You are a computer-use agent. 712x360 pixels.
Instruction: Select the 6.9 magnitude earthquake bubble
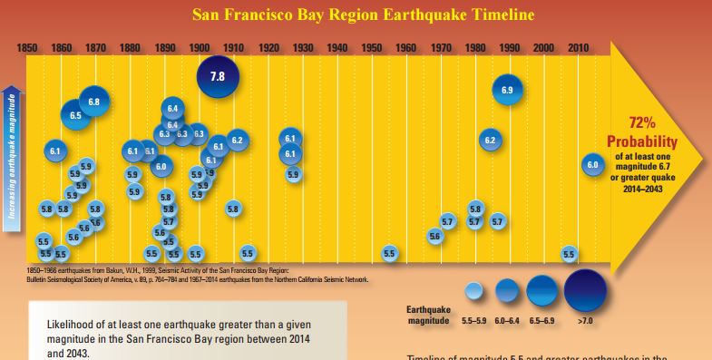click(508, 90)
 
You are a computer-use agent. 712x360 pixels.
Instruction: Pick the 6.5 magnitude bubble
click(76, 115)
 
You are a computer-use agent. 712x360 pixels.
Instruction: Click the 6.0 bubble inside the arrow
click(593, 164)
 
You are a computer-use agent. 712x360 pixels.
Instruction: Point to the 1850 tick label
click(29, 47)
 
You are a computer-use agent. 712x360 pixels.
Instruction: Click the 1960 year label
click(406, 47)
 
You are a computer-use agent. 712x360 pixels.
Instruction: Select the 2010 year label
click(578, 47)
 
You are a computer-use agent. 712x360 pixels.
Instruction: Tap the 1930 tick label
click(303, 47)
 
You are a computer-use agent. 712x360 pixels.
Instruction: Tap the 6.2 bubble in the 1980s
click(490, 141)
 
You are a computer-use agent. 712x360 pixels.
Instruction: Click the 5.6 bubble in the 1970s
click(434, 236)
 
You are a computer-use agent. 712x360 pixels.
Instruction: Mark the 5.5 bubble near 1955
click(389, 253)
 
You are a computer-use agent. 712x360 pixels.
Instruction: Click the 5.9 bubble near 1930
click(293, 174)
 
